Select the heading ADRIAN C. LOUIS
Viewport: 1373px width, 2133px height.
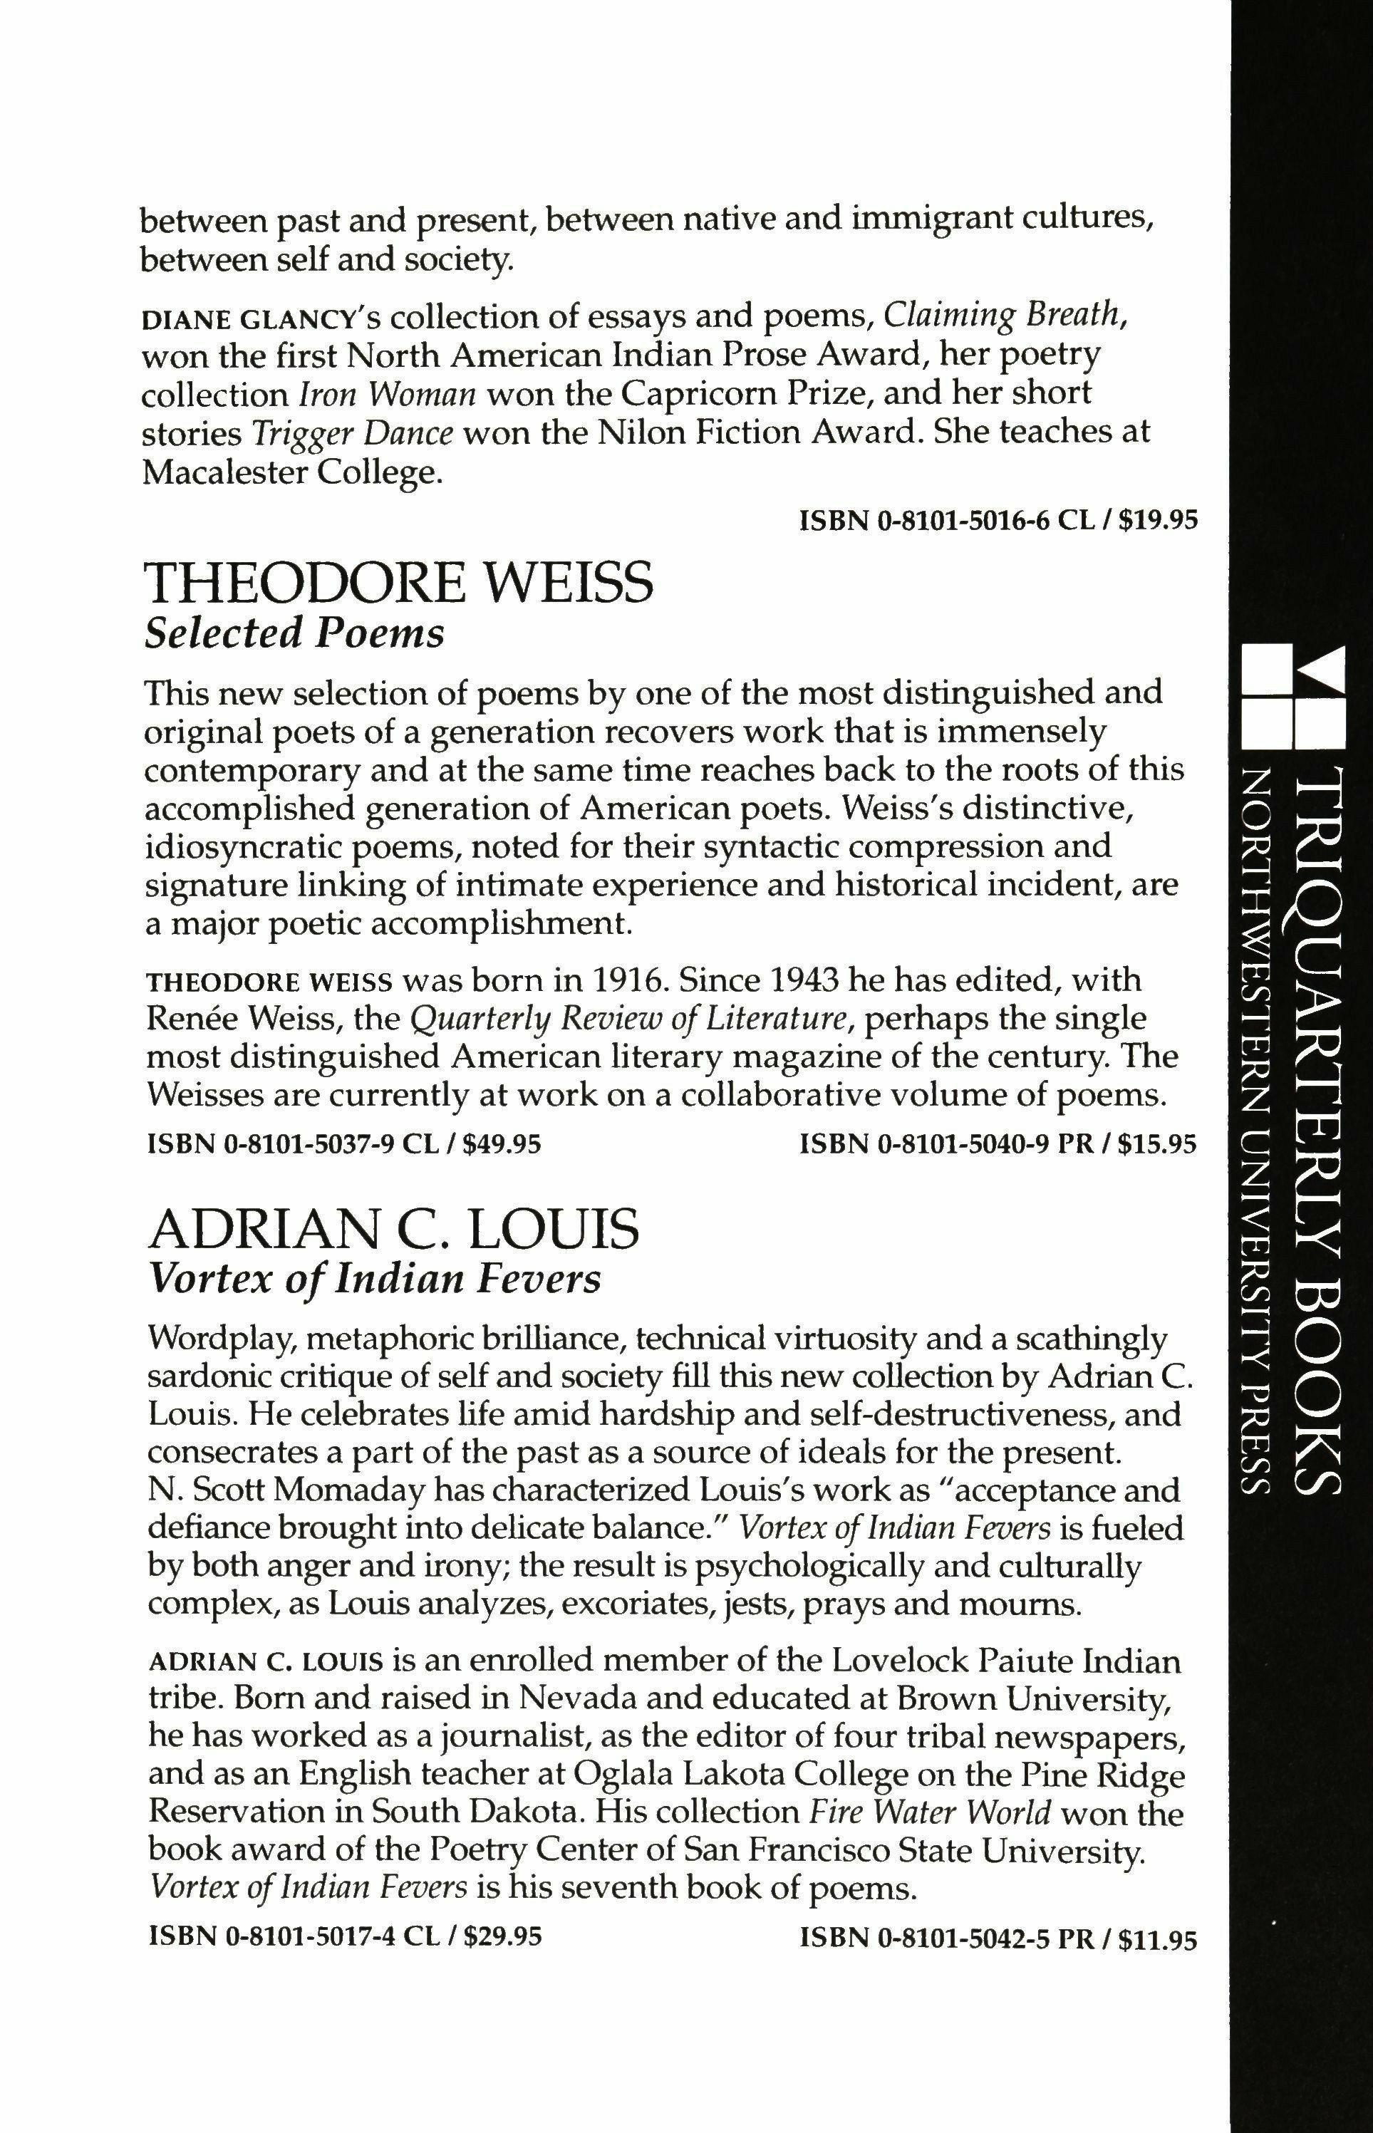393,1229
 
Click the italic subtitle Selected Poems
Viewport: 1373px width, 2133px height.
294,634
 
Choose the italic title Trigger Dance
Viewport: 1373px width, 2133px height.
353,433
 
